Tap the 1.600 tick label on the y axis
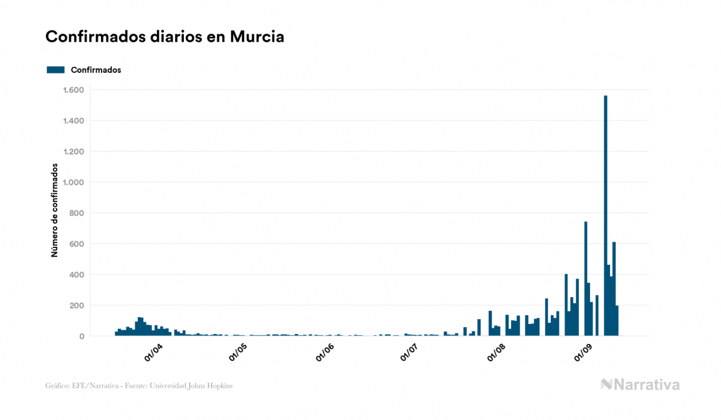[x=73, y=90]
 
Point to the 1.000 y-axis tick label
[x=73, y=183]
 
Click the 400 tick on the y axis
[x=77, y=275]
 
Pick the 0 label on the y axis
[x=82, y=336]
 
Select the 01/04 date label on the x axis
[x=153, y=353]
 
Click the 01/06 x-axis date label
[x=325, y=353]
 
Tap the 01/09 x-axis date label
[x=581, y=353]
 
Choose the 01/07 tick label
[x=410, y=353]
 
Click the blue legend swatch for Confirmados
[x=55, y=70]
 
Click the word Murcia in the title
[x=257, y=37]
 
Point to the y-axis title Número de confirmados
[x=55, y=211]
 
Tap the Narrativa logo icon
[x=606, y=384]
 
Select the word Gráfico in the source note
[x=57, y=386]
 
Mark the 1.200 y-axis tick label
[x=73, y=152]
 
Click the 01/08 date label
[x=496, y=353]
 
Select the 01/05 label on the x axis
[x=239, y=353]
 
